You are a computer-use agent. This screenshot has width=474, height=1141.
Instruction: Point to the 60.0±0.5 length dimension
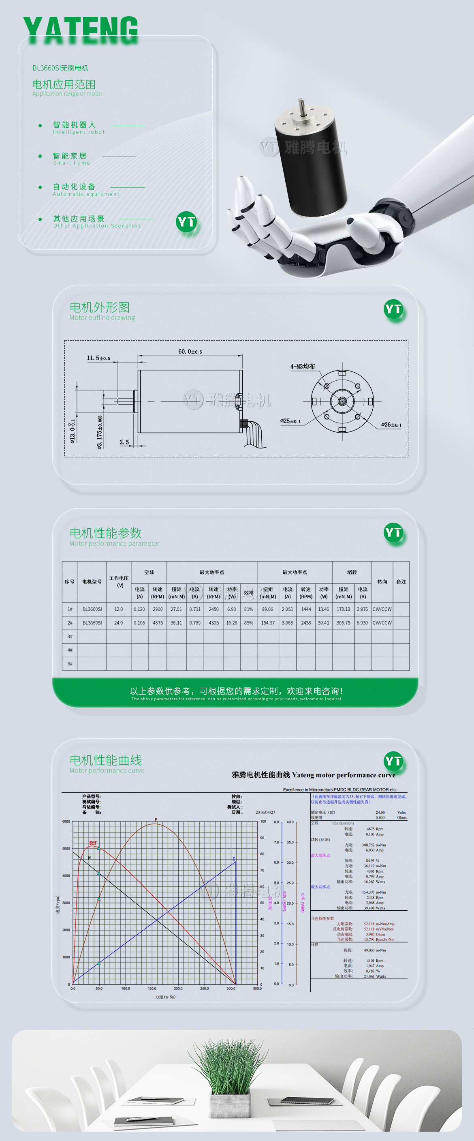190,351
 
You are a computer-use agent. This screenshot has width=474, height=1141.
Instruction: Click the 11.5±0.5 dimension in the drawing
98,358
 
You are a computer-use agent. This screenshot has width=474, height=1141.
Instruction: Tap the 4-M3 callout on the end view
303,366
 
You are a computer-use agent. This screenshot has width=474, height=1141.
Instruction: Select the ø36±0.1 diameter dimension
391,425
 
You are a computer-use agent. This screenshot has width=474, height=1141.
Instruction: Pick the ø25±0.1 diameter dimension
290,421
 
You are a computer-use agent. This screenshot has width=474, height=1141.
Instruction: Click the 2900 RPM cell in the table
158,609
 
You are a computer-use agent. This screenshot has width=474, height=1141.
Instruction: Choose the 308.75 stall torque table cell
344,623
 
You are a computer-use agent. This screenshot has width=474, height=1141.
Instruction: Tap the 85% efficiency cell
249,623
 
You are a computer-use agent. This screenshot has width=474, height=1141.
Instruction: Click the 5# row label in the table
70,663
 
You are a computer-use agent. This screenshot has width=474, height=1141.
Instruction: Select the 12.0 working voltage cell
119,609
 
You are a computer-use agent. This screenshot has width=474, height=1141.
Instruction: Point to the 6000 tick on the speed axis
66,821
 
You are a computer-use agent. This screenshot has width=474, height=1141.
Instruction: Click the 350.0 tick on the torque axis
257,988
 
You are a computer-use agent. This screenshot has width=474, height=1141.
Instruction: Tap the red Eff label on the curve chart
93,843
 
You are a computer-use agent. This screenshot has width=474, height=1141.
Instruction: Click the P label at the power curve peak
156,819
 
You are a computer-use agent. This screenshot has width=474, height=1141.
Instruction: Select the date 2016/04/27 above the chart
265,812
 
